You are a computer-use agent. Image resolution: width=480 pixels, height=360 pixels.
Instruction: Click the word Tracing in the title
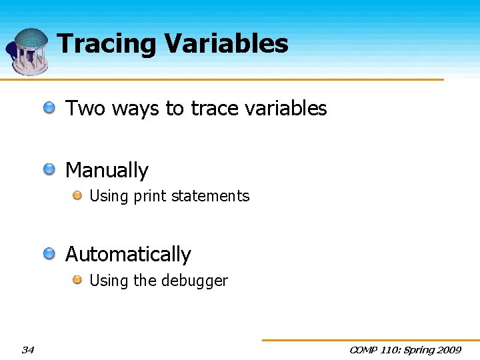(x=107, y=45)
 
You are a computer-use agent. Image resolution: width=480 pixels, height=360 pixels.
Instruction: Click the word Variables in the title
(x=226, y=44)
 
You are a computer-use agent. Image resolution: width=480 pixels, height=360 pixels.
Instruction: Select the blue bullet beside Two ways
(x=50, y=107)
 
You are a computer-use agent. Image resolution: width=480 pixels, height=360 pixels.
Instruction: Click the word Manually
(x=107, y=171)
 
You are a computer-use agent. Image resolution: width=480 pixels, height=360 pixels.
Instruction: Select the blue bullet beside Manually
(x=50, y=169)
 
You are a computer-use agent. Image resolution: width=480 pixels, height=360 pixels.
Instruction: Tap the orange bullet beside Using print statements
(x=77, y=195)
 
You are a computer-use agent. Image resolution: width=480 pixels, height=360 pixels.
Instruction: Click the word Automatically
(x=128, y=255)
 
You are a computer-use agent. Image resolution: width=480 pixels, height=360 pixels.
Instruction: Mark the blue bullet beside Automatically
(x=50, y=253)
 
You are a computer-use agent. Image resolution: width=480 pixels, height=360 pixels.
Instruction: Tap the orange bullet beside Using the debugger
(x=77, y=280)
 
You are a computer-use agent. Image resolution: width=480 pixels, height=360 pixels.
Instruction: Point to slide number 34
(x=27, y=349)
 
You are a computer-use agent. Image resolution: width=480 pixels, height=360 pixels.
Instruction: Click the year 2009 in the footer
(x=448, y=349)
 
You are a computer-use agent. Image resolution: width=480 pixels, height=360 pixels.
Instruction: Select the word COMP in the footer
(x=363, y=349)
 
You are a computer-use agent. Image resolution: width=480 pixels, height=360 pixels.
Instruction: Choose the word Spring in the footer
(x=417, y=349)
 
